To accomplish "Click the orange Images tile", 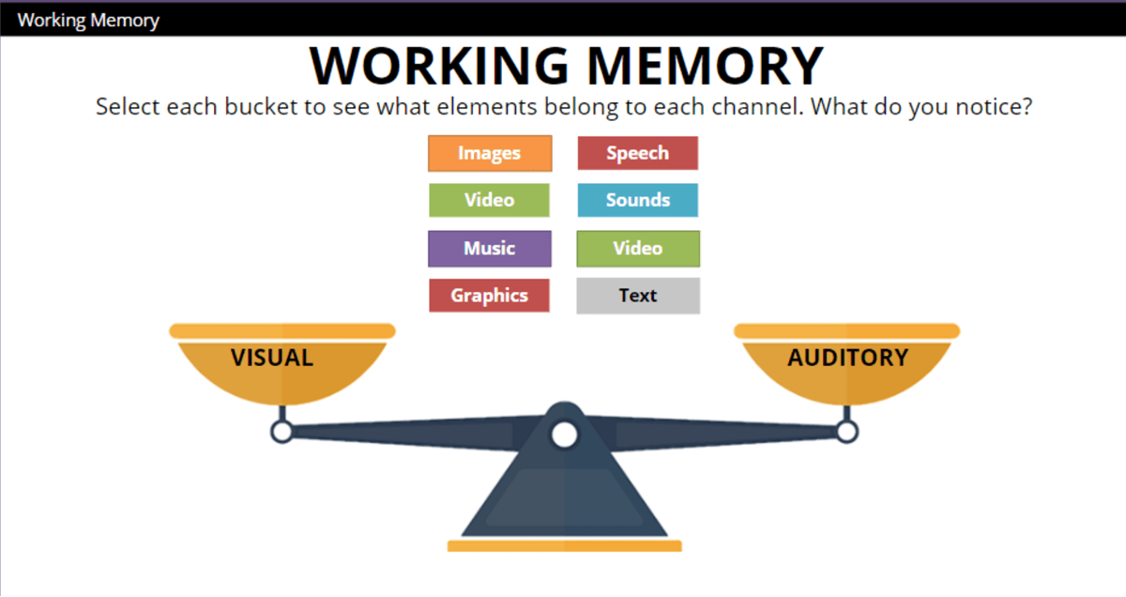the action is coord(490,153).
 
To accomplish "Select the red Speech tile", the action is coord(637,153).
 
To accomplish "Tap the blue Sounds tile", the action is coord(637,200).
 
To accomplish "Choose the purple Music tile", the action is coord(490,249).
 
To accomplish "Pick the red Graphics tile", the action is coord(489,296).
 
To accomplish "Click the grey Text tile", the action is coord(638,296).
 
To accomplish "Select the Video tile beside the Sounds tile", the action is coord(490,200).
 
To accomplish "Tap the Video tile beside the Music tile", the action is coord(638,249).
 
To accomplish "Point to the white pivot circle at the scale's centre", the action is coord(564,435).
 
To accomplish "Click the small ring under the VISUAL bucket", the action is coord(281,432).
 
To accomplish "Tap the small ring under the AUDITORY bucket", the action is coord(846,432).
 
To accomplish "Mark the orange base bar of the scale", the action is coord(564,545).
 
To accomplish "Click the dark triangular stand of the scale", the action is coord(564,497).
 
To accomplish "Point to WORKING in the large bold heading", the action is coord(439,66).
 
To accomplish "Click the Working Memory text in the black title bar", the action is coord(88,20).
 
